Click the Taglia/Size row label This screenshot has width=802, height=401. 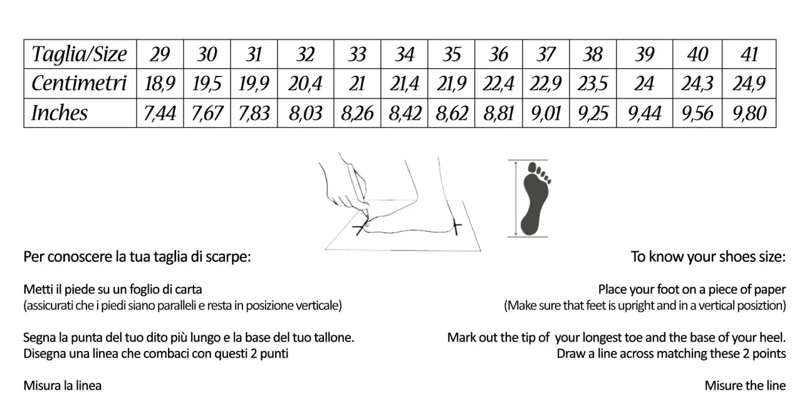tap(79, 55)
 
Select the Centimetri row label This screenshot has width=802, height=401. tap(79, 83)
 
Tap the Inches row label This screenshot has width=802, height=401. tap(60, 113)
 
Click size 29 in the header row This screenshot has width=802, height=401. tap(160, 55)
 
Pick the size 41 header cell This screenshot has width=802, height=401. tap(749, 55)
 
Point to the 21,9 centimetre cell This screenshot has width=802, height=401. tap(451, 84)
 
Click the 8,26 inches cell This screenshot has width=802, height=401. tap(357, 113)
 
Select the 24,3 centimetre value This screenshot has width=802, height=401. tap(697, 84)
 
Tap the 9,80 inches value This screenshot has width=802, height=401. tap(749, 113)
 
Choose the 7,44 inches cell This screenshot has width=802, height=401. tap(160, 113)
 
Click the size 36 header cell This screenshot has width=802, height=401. tap(498, 55)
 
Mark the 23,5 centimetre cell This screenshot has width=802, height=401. tap(593, 84)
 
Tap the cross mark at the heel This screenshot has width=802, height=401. tap(456, 226)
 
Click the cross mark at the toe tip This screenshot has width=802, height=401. tap(360, 227)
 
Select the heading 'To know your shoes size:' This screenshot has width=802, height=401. tap(708, 257)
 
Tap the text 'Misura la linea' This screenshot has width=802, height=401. tap(62, 385)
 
